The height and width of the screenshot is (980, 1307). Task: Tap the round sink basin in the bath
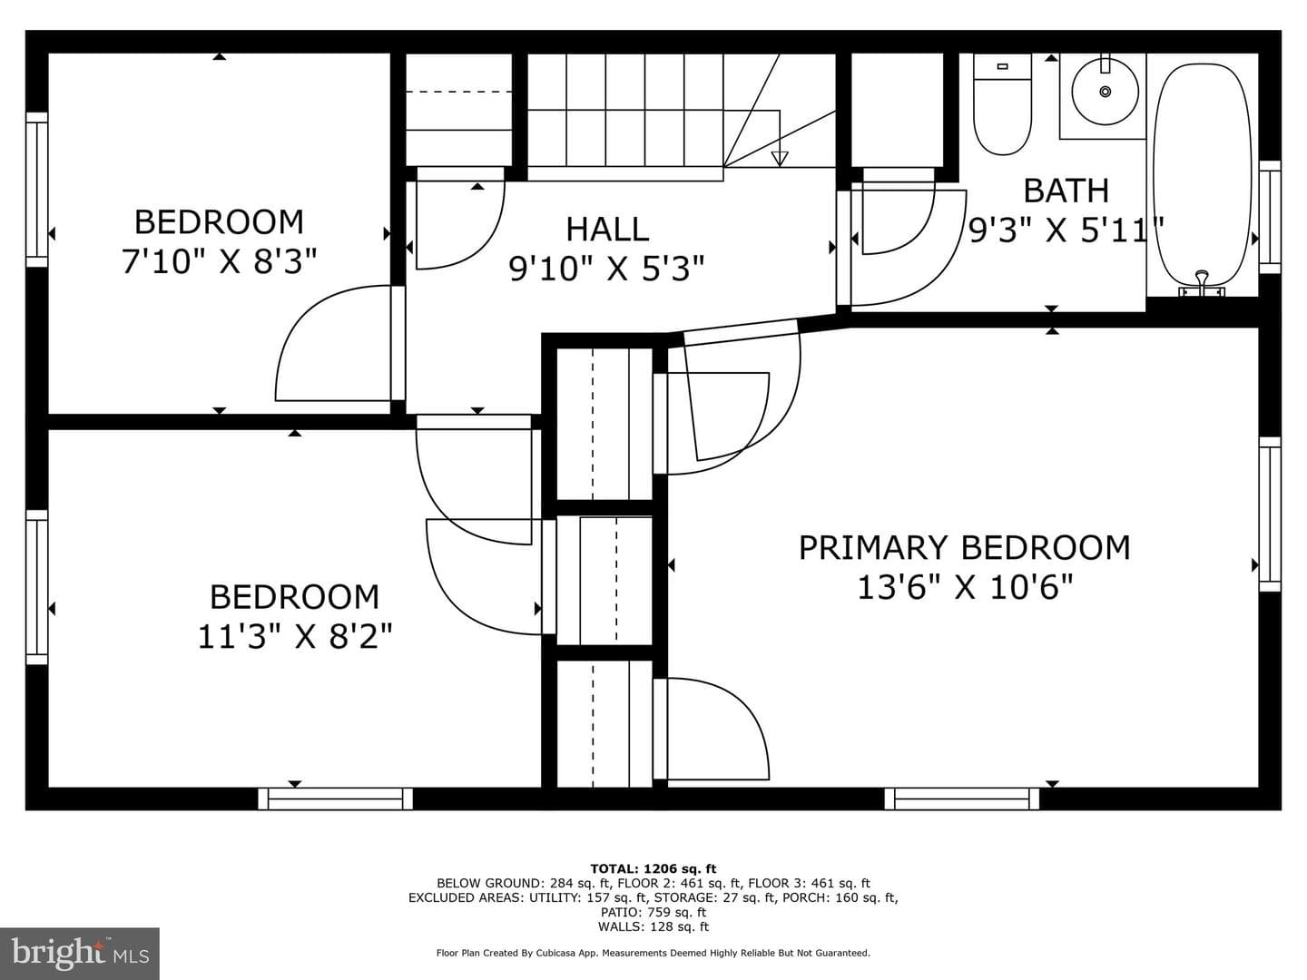coord(1106,92)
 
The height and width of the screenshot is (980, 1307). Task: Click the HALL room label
coord(607,229)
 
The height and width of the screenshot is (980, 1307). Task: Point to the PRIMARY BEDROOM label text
coord(964,547)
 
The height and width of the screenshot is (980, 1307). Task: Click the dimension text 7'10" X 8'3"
coord(219,261)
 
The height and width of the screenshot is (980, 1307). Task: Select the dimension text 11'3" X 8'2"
coord(295,636)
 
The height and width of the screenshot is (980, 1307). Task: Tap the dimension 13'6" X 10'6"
coord(965,587)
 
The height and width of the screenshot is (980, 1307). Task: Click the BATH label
coord(1066,191)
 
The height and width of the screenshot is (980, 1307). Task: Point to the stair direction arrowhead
coord(780,159)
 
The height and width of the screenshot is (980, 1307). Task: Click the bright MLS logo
coord(80,953)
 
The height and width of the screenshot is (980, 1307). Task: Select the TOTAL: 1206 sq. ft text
coord(653,868)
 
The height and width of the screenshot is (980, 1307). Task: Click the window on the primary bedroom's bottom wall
coord(961,799)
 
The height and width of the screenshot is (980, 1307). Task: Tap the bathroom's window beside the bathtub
coord(1270,217)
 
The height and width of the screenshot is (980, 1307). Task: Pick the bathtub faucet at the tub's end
coord(1203,283)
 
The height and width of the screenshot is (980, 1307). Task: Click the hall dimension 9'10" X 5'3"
coord(607,269)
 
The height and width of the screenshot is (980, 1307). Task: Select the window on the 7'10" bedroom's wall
coord(36,190)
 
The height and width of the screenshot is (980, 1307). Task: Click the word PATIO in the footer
coord(620,912)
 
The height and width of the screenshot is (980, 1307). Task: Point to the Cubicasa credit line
coord(653,953)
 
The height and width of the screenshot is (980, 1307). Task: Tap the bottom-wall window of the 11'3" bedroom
coord(335,799)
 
